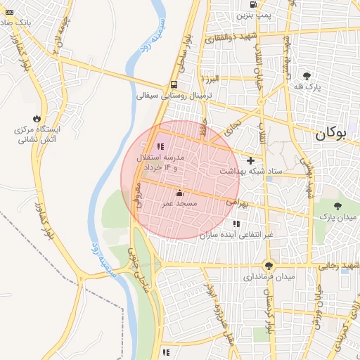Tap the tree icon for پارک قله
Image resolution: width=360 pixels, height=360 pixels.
click(x=307, y=75)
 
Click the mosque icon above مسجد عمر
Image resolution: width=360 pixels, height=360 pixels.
click(x=179, y=193)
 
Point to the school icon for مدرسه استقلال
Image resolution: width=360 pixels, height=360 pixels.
click(x=160, y=146)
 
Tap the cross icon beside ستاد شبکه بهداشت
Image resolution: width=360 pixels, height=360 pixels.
click(x=250, y=161)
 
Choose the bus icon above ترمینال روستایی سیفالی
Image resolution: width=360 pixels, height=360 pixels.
click(x=174, y=84)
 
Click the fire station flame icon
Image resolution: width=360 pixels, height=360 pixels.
click(x=37, y=118)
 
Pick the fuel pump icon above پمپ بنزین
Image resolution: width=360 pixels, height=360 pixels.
click(x=252, y=4)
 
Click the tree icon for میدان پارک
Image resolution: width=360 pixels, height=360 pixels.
click(x=338, y=206)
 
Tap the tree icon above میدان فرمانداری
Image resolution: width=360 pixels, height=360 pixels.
click(x=268, y=265)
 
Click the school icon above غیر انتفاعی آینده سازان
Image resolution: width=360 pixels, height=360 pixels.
click(x=236, y=224)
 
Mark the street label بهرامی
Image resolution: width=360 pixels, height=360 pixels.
click(x=238, y=202)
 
